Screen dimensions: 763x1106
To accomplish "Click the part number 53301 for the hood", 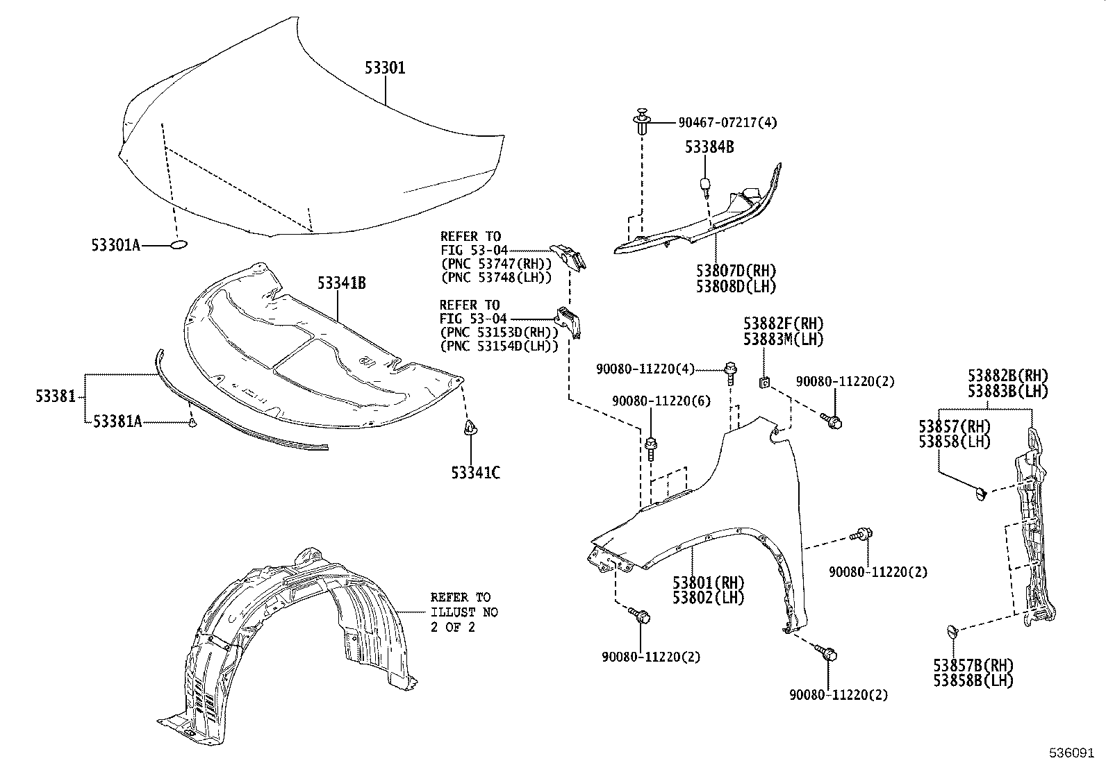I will pos(385,68).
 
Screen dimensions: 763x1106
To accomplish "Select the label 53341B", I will pos(342,283).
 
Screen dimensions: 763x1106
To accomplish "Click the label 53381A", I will pos(117,421).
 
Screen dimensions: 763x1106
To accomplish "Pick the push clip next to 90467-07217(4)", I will pos(642,122).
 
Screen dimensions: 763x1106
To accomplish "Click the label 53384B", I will pos(709,147).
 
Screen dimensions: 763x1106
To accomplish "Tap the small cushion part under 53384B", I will pos(705,185).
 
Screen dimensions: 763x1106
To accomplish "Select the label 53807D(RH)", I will pos(736,271).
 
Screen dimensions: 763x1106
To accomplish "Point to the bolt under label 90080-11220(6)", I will pos(652,446).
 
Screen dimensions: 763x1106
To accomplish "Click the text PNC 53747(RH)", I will pos(496,264).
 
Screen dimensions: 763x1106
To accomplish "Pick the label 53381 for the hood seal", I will pos(55,397).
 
